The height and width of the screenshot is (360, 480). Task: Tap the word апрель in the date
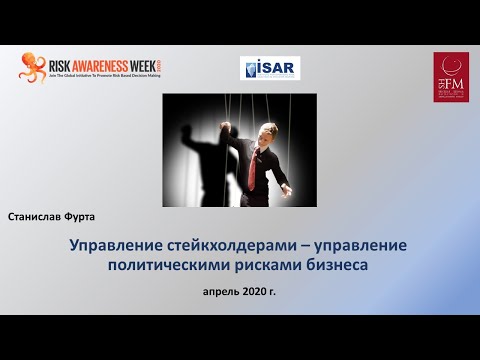(x=221, y=292)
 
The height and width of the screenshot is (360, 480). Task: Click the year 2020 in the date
(x=254, y=292)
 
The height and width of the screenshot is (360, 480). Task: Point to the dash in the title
(x=308, y=246)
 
